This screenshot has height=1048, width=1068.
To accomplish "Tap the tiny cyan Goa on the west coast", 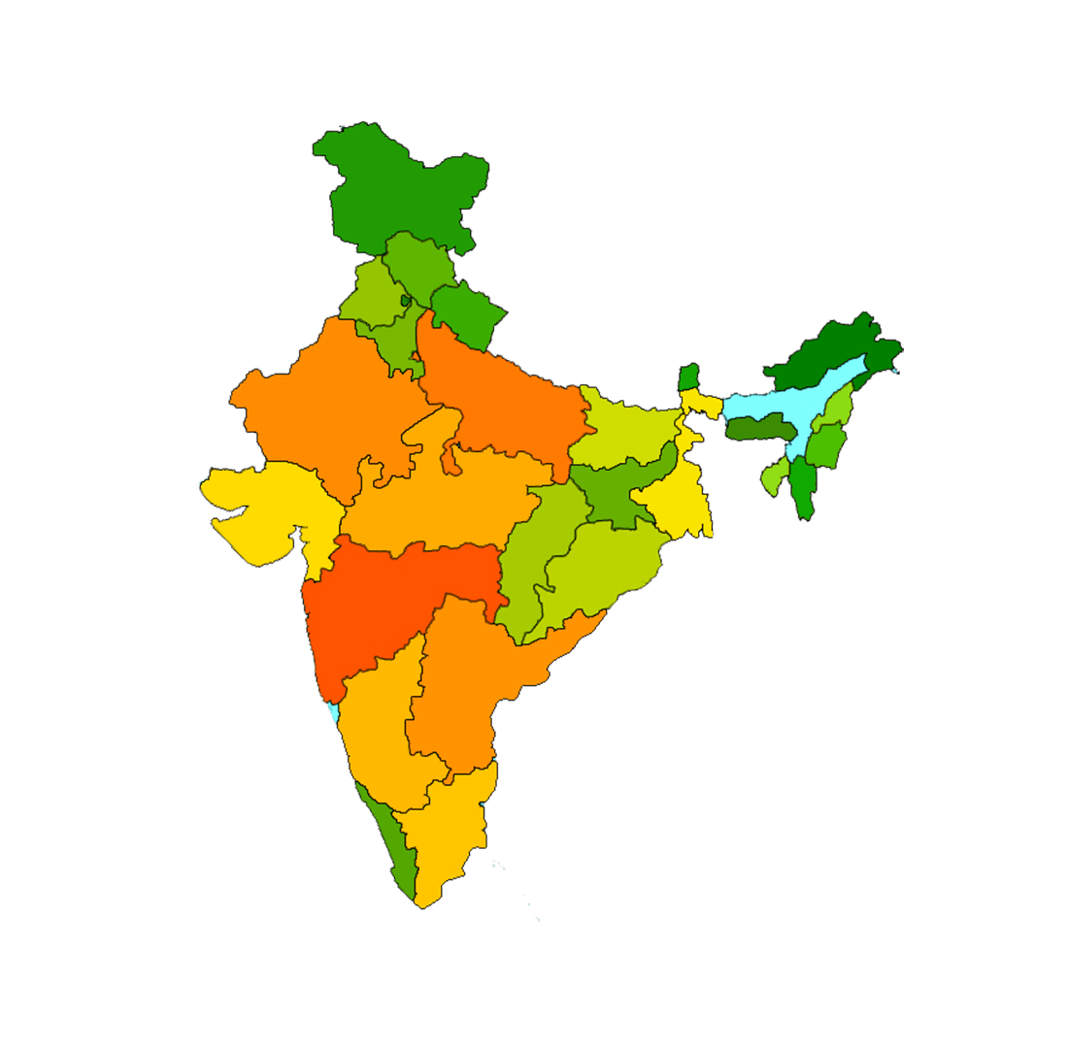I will (x=335, y=713).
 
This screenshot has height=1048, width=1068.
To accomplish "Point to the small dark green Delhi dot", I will (x=406, y=301).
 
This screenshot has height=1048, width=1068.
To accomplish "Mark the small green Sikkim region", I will (x=688, y=377).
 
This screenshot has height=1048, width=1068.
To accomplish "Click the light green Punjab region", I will (x=374, y=291).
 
